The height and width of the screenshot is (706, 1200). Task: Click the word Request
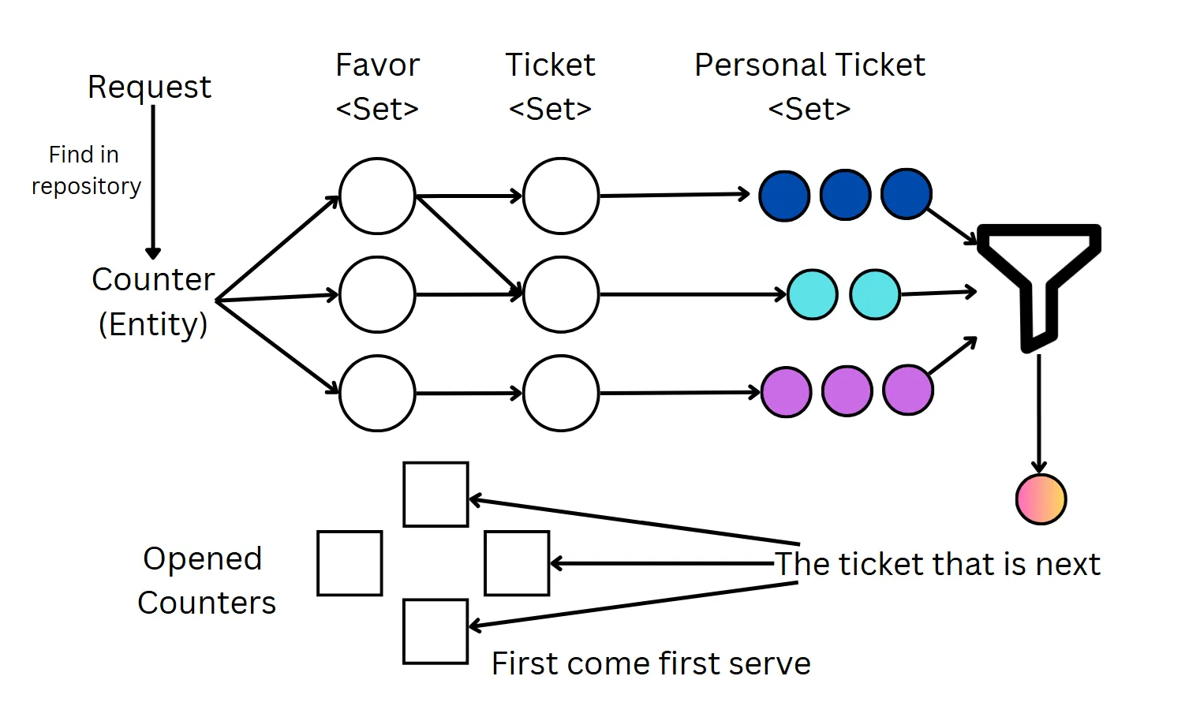[x=149, y=87]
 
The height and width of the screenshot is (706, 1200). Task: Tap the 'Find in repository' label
[x=85, y=170]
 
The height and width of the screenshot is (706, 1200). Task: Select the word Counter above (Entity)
[x=153, y=279]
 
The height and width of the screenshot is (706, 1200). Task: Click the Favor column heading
[x=377, y=65]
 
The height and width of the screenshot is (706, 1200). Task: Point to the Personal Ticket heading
[x=809, y=65]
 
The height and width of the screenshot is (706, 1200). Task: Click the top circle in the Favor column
[x=377, y=196]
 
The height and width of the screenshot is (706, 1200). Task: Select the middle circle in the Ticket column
[x=561, y=294]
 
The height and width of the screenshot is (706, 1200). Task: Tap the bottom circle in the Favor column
[x=377, y=393]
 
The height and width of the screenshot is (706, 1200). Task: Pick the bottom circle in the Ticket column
[x=561, y=393]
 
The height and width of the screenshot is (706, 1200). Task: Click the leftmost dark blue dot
[x=784, y=196]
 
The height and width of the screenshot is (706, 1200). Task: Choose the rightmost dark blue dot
[x=907, y=194]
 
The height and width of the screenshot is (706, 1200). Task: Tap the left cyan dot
[x=813, y=294]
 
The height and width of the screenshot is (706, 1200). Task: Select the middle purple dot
[x=847, y=390]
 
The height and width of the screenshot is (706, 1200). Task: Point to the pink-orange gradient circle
[x=1041, y=499]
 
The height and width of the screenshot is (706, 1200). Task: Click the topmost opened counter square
[x=436, y=495]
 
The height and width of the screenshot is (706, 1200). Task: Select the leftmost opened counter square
[x=350, y=563]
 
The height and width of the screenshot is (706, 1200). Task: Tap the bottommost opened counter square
[x=436, y=632]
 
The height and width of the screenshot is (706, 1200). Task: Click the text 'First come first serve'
[x=651, y=663]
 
